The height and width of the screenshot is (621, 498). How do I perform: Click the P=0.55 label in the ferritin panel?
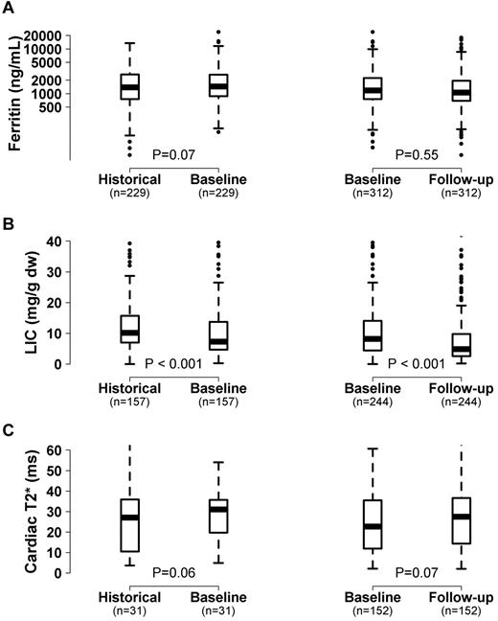pyautogui.click(x=417, y=154)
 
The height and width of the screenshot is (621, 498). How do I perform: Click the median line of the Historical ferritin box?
pyautogui.click(x=129, y=86)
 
